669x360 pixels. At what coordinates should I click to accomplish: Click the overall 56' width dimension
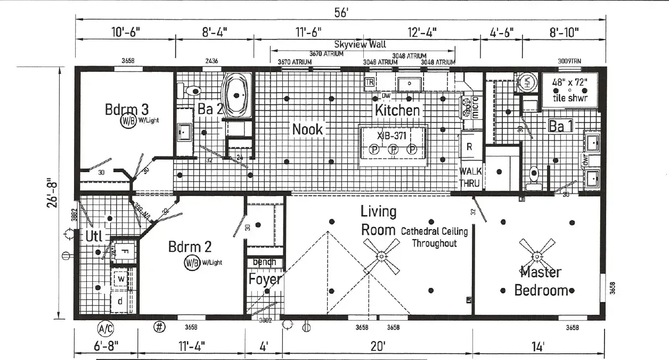(x=341, y=13)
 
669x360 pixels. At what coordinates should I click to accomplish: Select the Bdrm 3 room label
(x=126, y=110)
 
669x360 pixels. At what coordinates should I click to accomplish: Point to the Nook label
(x=307, y=129)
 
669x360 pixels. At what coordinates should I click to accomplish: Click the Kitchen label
(x=397, y=110)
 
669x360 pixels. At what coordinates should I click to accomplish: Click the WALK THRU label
(x=470, y=177)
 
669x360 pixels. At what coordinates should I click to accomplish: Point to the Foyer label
(x=265, y=279)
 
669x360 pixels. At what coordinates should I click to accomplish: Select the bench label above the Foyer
(x=264, y=262)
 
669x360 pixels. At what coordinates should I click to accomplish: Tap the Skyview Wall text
(x=360, y=45)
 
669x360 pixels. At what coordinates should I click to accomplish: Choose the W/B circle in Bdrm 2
(x=192, y=262)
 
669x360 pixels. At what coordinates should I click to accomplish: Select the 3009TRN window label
(x=569, y=61)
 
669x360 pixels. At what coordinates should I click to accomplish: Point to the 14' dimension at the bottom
(x=538, y=347)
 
